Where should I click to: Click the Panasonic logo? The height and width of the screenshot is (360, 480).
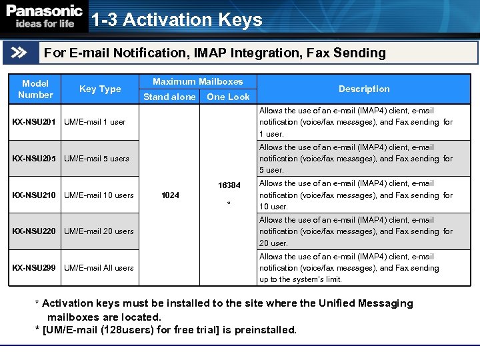(x=45, y=17)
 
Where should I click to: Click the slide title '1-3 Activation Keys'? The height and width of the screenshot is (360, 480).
(x=177, y=20)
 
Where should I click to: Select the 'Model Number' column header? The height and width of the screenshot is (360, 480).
(x=35, y=89)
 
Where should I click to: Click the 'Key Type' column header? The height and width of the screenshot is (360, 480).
(x=100, y=89)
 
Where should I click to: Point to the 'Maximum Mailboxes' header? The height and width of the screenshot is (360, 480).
(x=198, y=81)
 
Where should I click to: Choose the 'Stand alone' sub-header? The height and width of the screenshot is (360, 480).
(x=169, y=97)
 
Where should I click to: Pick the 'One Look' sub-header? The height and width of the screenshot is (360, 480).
(x=228, y=97)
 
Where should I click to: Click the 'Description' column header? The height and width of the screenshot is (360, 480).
(x=364, y=89)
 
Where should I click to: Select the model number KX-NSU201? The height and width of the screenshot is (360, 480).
(x=35, y=122)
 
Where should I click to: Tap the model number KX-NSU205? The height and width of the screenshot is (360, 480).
(x=35, y=159)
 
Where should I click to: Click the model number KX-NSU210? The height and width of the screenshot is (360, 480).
(x=35, y=195)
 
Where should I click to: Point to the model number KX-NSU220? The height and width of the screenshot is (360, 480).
(x=35, y=231)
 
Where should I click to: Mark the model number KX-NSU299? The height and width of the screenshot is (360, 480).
(x=35, y=268)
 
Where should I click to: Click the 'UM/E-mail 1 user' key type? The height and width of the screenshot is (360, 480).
(x=95, y=122)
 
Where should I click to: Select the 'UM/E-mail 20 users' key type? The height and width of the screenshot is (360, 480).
(x=99, y=231)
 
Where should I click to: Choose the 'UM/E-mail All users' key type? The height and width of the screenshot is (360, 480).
(x=99, y=268)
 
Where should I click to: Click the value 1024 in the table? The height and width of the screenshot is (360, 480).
(x=171, y=195)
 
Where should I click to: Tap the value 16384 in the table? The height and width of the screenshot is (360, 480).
(x=229, y=184)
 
